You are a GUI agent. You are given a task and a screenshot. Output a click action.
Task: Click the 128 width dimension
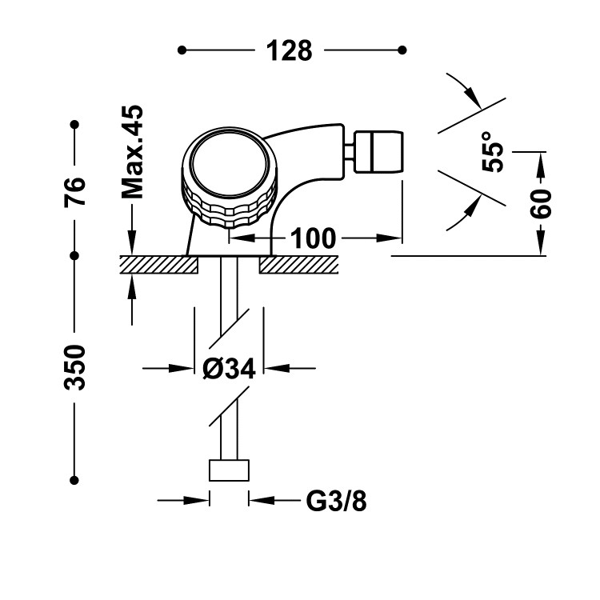point(289,50)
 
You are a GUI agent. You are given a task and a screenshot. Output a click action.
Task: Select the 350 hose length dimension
point(74,368)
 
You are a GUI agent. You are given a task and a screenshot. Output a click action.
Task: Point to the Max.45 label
point(131,151)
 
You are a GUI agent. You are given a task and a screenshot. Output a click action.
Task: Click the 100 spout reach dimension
point(313,238)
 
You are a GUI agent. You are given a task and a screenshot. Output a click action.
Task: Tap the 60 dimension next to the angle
point(542,205)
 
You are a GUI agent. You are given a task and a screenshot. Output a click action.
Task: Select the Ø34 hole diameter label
point(229,369)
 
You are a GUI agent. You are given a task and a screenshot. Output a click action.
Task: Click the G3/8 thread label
point(336,501)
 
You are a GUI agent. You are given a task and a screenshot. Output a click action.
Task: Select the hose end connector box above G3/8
point(229,470)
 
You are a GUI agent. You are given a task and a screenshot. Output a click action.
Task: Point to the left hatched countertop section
point(158,264)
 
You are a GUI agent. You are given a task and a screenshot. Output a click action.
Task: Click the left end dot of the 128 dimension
point(182,50)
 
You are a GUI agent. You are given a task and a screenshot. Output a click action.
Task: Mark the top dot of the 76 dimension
point(74,125)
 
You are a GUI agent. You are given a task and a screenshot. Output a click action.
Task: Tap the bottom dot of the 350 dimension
point(74,480)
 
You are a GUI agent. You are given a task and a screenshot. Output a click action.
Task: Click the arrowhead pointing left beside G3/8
point(258,501)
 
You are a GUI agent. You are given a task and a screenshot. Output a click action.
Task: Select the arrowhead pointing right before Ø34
point(186,369)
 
